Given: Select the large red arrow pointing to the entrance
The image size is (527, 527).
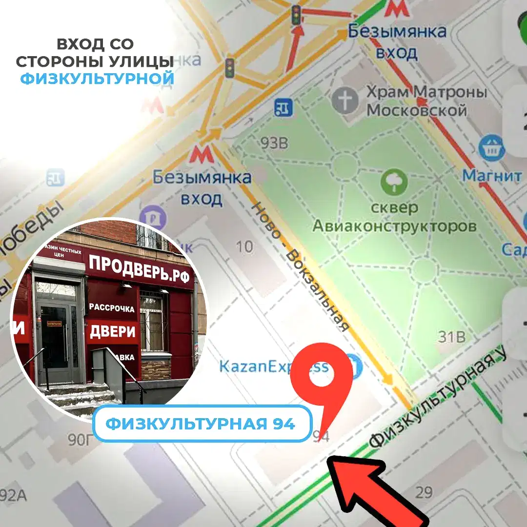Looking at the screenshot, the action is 376,488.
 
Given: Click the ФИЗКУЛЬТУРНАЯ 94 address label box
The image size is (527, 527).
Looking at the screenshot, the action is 201,424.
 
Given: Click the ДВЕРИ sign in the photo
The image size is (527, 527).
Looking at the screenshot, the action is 112,332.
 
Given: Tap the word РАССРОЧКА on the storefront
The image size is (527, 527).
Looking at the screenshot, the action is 112,308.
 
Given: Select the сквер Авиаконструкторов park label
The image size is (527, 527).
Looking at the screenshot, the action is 394,217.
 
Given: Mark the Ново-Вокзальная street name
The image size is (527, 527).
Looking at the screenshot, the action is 300,266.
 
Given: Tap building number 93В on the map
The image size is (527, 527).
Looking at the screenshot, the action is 274,144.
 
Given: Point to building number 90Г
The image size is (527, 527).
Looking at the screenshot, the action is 80,440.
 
